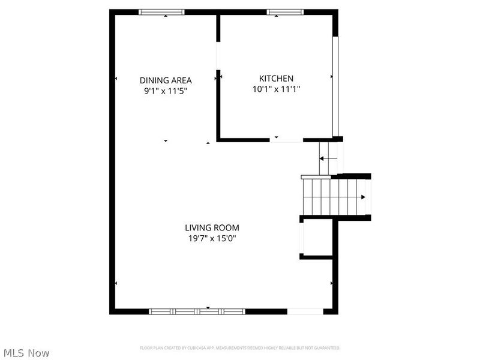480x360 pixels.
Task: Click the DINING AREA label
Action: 166,80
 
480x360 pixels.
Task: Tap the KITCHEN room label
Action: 276,79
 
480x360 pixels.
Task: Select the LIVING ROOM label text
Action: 212,228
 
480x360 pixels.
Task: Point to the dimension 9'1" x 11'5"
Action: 166,91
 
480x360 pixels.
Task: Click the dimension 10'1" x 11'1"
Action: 276,89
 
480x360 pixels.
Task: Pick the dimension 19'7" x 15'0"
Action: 212,238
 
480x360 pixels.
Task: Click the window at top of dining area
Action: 162,11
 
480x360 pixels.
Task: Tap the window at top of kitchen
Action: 285,11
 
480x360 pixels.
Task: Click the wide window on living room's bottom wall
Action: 197,311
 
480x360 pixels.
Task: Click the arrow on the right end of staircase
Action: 363,197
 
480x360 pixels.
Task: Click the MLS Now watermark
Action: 26,353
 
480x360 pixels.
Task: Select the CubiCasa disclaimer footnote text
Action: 240,348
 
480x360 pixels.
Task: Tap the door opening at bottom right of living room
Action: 305,311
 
